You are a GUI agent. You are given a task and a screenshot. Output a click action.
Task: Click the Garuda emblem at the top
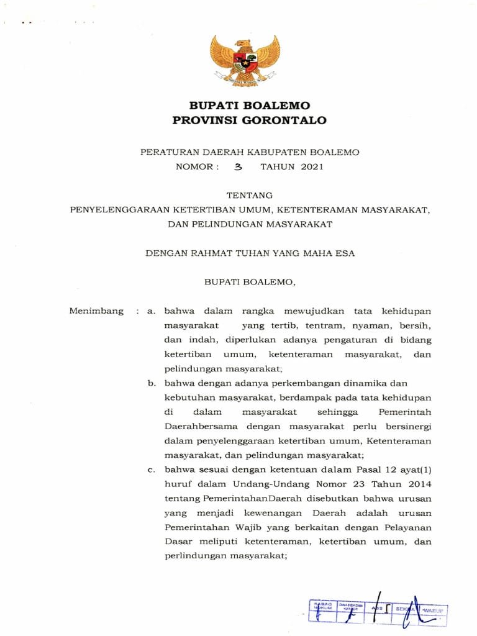click(245, 60)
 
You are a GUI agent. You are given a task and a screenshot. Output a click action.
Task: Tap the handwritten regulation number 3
click(237, 167)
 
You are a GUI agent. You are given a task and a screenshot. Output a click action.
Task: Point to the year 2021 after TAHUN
click(311, 166)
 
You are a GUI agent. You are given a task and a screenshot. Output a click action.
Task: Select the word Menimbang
click(96, 311)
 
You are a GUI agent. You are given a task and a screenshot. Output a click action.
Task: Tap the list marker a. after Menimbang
click(150, 311)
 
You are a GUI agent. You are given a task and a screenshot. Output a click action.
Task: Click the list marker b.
click(151, 383)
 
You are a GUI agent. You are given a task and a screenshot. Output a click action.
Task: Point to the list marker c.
click(151, 470)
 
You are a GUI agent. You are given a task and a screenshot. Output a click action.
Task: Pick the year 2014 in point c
click(418, 484)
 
